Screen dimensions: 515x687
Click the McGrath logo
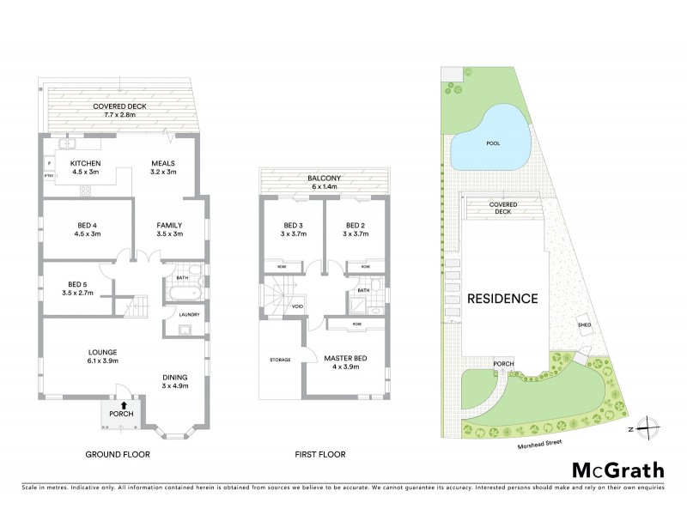(x=617, y=470)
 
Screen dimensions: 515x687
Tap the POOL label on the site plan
(x=492, y=143)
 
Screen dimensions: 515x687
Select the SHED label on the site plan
(x=585, y=325)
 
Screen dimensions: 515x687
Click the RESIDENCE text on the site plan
(x=502, y=299)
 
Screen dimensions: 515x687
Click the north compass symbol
(x=650, y=427)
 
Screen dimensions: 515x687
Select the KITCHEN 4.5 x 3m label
(x=86, y=167)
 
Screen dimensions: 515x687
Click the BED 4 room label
(x=86, y=228)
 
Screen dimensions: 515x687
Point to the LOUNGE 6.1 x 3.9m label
(x=101, y=356)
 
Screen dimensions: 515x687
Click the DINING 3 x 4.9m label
(x=175, y=381)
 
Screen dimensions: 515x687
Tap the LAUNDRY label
(x=190, y=315)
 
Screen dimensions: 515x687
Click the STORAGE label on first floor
(x=280, y=359)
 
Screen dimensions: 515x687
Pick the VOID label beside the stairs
(x=297, y=306)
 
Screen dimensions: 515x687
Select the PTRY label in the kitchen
(x=48, y=176)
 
